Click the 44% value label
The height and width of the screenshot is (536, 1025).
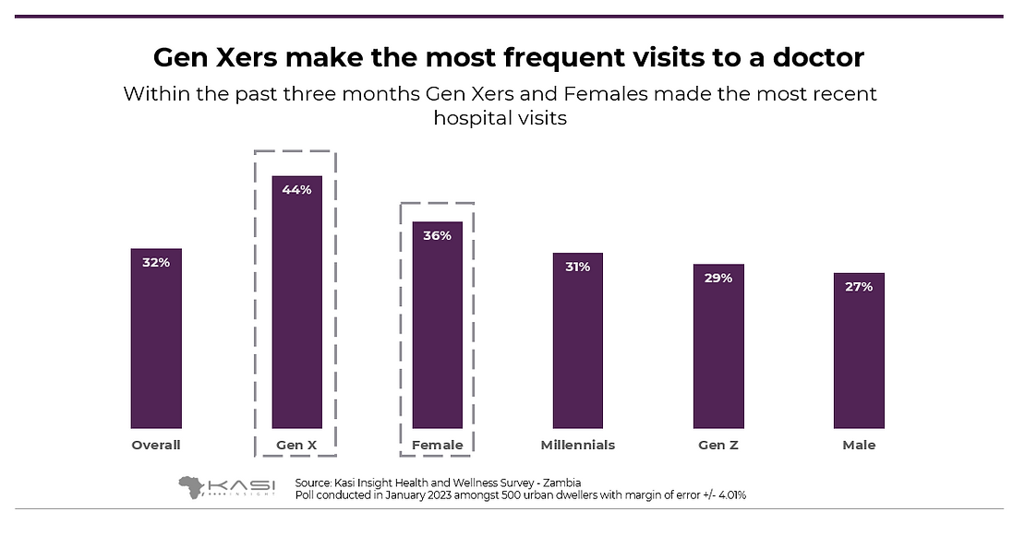[296, 189]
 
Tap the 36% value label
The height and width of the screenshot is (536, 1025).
[437, 235]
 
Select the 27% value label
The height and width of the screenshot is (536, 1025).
[859, 286]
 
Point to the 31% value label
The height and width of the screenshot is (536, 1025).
[577, 267]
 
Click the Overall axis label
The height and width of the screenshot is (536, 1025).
[155, 445]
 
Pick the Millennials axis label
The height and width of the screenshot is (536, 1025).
[577, 445]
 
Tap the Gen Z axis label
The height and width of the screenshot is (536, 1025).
[718, 445]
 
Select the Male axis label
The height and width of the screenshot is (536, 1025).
[859, 445]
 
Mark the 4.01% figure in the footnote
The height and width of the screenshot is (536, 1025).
[729, 495]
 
